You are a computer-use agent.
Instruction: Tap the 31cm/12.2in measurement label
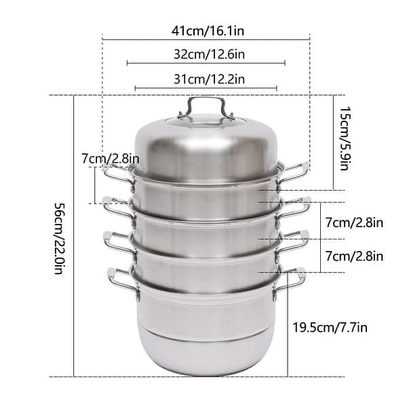point(206,79)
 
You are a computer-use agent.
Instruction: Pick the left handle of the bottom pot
point(121,279)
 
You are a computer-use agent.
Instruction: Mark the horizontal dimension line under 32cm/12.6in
point(206,64)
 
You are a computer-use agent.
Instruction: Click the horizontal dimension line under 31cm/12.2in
point(206,88)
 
